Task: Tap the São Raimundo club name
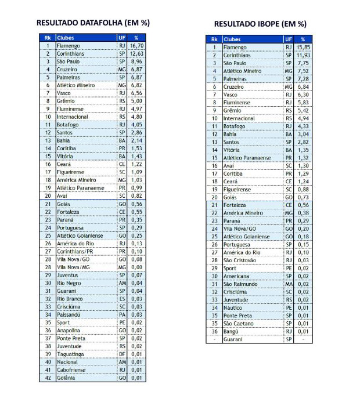click(240, 284)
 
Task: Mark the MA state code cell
click(289, 284)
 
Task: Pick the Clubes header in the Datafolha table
click(66, 37)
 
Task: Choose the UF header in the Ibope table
click(289, 39)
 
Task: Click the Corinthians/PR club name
click(75, 251)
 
